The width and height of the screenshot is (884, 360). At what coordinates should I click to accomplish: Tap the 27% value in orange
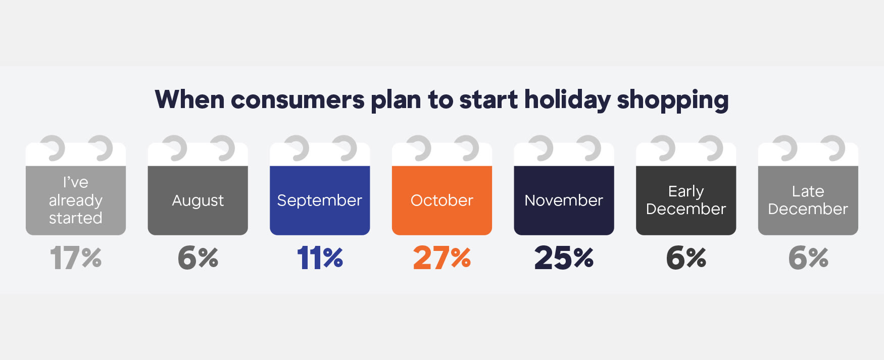point(442,258)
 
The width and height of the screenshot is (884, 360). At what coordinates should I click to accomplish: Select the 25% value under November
point(564,258)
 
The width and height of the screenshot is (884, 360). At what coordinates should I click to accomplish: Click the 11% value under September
point(320,258)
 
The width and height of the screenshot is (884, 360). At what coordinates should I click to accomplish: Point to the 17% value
point(76,258)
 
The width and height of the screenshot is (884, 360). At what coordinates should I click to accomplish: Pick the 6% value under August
point(198,258)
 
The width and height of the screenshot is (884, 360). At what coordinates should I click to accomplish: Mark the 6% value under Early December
point(686,258)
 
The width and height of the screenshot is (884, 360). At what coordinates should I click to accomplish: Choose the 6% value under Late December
point(808,258)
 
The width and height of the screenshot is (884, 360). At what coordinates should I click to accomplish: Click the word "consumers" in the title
point(298,100)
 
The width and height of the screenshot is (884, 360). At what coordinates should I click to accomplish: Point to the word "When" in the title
point(189,99)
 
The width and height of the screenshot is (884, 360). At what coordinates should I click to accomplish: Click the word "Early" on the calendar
point(686,192)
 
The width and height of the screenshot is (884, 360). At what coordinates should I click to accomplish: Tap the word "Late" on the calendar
point(808,191)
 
